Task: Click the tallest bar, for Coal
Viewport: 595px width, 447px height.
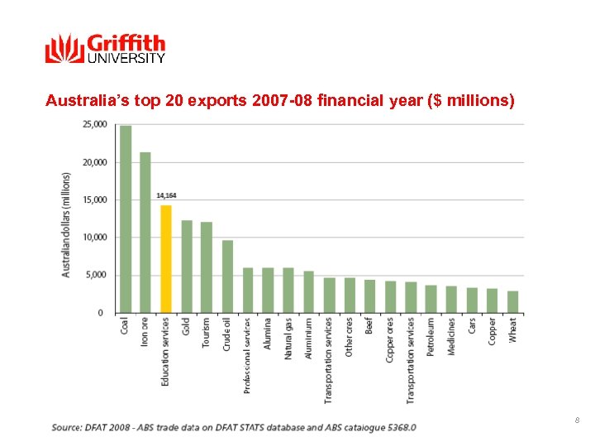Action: coord(126,219)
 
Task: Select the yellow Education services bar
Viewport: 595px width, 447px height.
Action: coord(166,259)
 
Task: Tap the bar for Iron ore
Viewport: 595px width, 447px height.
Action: coord(145,233)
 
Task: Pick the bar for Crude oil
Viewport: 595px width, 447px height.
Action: coord(227,276)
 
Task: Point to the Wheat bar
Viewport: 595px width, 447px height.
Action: coord(513,302)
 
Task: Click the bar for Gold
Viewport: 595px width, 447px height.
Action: coord(187,267)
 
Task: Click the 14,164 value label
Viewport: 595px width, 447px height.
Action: coord(166,195)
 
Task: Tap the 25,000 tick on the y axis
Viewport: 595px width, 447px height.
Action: coord(93,124)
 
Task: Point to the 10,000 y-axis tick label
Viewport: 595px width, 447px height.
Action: coord(93,238)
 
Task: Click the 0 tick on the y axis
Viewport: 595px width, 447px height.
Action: coord(101,313)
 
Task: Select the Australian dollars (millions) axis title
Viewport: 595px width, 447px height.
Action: coord(66,224)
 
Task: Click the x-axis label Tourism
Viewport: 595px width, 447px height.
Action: coord(207,333)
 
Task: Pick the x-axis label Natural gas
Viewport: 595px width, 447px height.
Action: coord(288,338)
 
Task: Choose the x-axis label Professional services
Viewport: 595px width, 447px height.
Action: coord(247,355)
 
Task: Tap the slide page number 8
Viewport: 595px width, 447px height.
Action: coord(577,421)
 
